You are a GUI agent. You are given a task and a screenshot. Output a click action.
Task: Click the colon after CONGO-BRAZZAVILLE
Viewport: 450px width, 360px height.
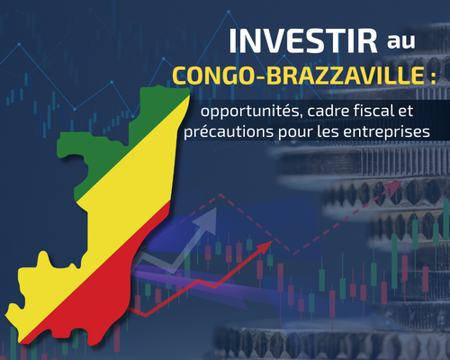coord(429,77)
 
